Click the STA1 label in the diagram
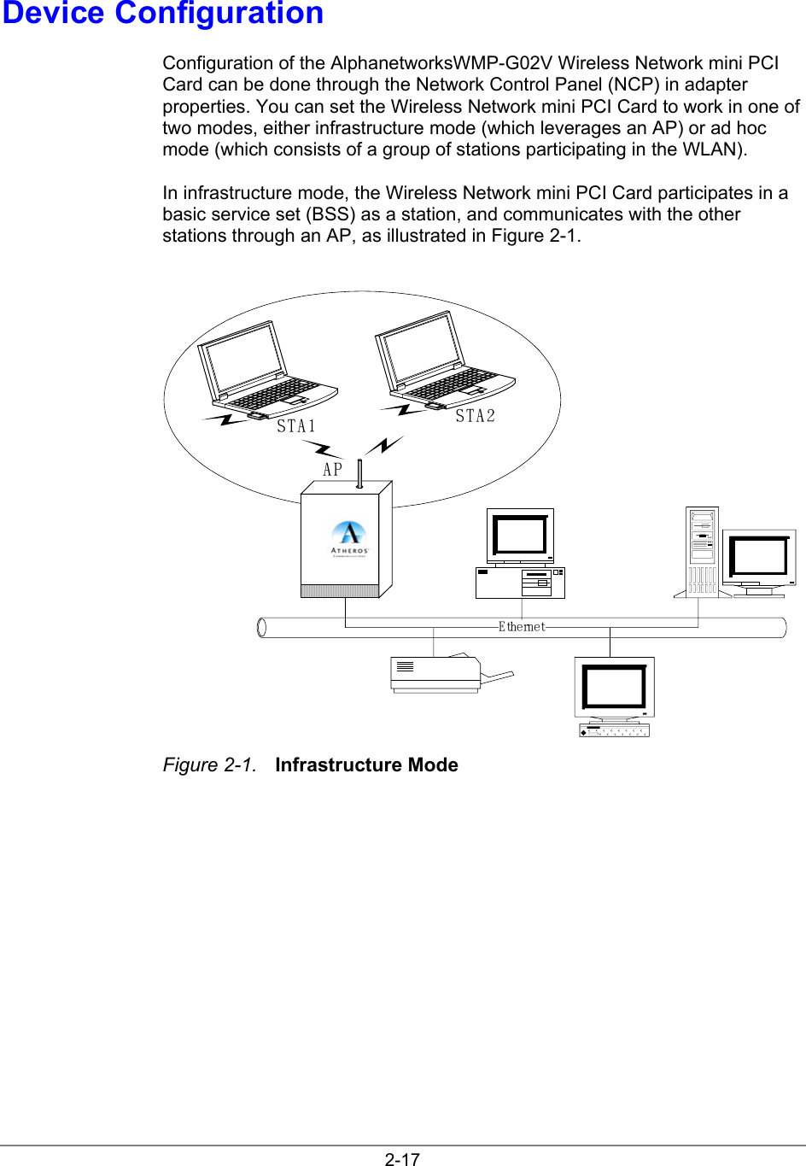pos(296,425)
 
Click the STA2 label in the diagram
pos(475,416)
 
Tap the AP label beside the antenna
pos(332,469)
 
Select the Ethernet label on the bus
pos(522,626)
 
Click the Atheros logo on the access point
pos(349,538)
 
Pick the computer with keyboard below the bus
pos(614,695)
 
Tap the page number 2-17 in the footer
pos(402,1158)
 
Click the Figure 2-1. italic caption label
pos(209,765)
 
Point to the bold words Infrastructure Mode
pos(366,765)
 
